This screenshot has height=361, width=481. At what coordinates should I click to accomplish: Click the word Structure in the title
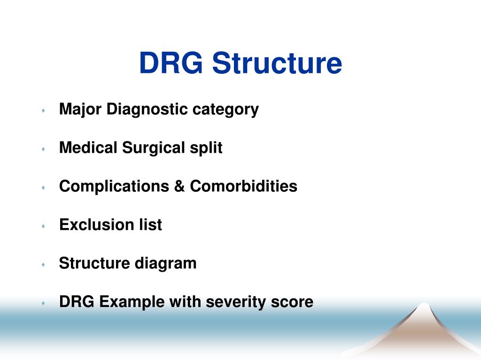[x=277, y=63]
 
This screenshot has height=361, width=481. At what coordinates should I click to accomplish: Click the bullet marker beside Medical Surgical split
[x=43, y=149]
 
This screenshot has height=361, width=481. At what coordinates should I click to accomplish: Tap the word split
[x=206, y=149]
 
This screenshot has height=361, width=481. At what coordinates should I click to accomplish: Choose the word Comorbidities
[x=243, y=187]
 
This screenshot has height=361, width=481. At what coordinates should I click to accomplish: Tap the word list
[x=150, y=225]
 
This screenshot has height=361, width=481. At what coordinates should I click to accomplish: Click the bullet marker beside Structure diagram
[x=43, y=265]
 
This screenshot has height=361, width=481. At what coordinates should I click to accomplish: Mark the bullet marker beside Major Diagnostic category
[x=43, y=110]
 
